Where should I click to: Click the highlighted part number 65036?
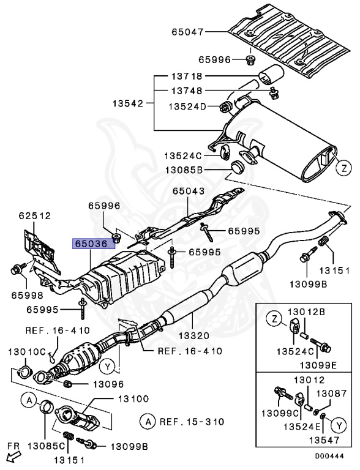[91, 243]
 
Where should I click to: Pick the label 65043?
[188, 192]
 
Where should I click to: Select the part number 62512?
[34, 215]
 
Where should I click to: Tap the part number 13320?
[193, 335]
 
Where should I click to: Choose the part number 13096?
[108, 384]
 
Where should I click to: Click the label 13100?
[133, 398]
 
